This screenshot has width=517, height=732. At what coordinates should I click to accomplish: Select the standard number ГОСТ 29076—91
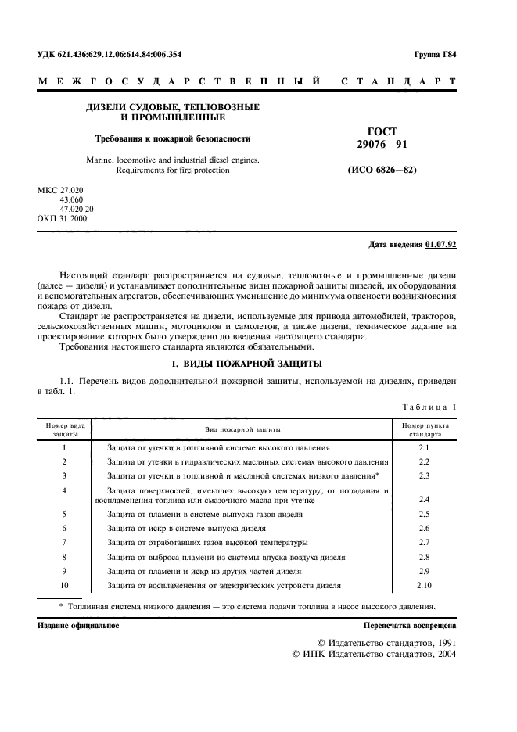click(381, 138)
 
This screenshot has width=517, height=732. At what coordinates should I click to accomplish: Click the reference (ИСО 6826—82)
click(381, 170)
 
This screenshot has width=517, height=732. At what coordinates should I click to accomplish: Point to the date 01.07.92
click(441, 245)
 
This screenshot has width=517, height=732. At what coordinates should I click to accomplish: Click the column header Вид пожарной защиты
click(243, 429)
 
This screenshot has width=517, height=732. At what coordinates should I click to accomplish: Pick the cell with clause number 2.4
click(425, 499)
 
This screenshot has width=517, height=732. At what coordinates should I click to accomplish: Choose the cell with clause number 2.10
click(425, 585)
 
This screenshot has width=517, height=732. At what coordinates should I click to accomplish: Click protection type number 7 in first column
click(64, 542)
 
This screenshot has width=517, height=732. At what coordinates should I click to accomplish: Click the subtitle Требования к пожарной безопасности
click(173, 138)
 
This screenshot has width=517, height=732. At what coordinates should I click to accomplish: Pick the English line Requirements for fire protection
click(173, 170)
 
